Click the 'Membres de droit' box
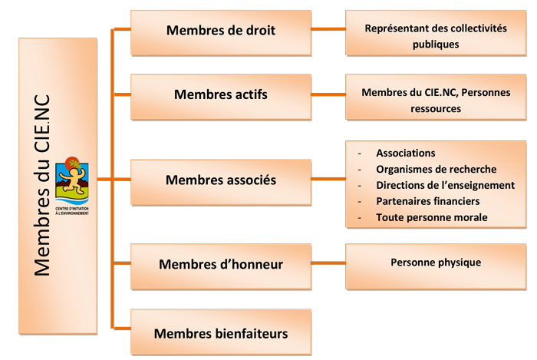click(220, 31)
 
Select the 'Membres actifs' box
click(220, 95)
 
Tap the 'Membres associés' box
click(220, 180)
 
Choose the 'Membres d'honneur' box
click(220, 265)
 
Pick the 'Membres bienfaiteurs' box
click(220, 333)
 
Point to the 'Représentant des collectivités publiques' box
click(436, 35)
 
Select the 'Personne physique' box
click(436, 263)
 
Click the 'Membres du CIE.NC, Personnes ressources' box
click(436, 100)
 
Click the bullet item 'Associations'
click(405, 153)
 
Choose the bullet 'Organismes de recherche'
click(436, 169)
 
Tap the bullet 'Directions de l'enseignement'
click(445, 185)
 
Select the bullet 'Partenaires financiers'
click(427, 201)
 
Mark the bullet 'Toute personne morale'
click(431, 217)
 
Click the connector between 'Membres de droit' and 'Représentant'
click(328, 30)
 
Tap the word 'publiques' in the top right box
click(436, 44)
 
